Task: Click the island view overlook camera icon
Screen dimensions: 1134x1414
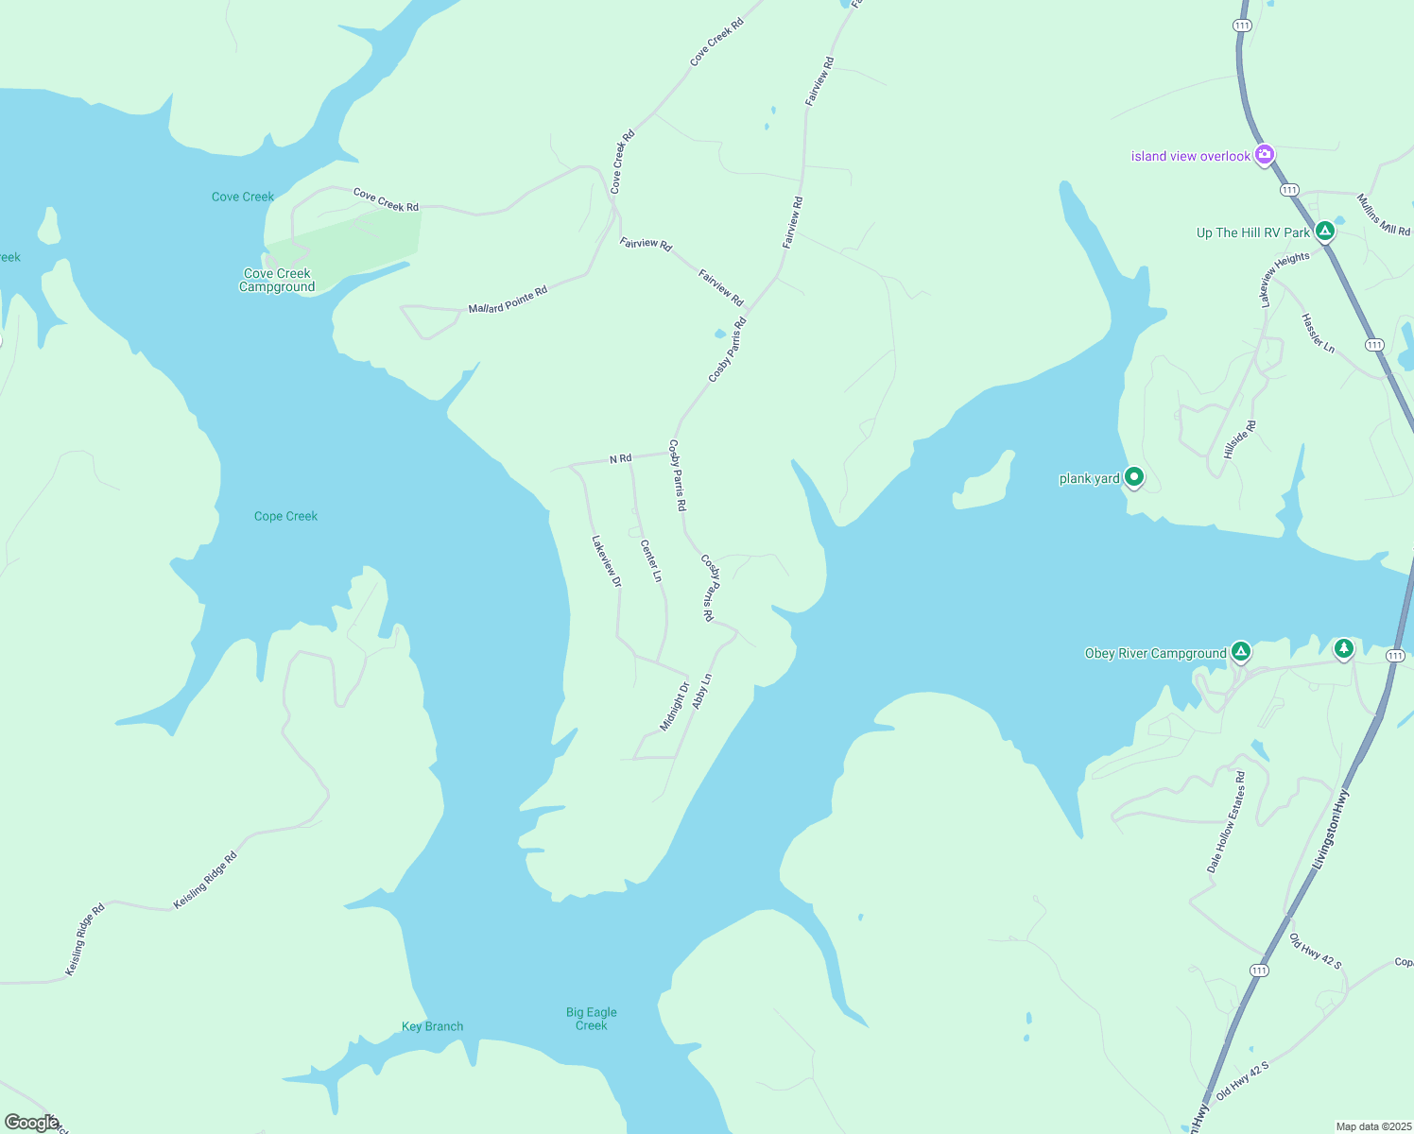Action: click(x=1264, y=155)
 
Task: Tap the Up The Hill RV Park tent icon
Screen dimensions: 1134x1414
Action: click(x=1325, y=231)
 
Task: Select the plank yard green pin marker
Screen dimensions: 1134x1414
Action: click(x=1134, y=477)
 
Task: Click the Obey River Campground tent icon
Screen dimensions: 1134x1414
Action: click(x=1241, y=651)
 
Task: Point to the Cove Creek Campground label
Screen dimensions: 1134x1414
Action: click(x=277, y=281)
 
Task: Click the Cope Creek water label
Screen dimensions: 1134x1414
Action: click(x=285, y=516)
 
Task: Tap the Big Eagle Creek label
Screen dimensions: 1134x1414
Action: click(x=592, y=1019)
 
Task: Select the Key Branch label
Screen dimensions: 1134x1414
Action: click(x=432, y=1026)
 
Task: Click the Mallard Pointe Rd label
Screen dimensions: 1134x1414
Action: click(x=508, y=301)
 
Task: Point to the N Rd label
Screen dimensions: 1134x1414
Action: click(x=620, y=459)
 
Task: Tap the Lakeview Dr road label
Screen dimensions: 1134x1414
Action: click(x=606, y=561)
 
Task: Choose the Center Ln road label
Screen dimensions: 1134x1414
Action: click(x=651, y=560)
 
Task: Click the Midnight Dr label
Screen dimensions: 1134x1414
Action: click(x=675, y=706)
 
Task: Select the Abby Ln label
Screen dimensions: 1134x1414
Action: click(x=701, y=692)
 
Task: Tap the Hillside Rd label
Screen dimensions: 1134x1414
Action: click(x=1240, y=439)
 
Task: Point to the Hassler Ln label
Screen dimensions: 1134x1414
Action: click(x=1318, y=334)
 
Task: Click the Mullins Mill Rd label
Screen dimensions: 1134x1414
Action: click(x=1384, y=215)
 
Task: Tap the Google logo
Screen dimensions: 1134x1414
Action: click(x=31, y=1123)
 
